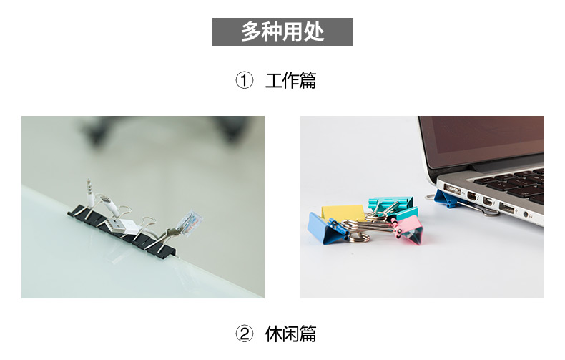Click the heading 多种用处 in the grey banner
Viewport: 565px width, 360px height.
point(282,31)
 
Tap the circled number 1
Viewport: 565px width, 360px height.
point(245,80)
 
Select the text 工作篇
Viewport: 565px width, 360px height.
point(290,80)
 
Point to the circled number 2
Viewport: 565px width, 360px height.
point(245,334)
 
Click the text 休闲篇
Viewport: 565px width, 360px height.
point(290,334)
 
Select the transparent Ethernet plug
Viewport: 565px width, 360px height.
point(190,222)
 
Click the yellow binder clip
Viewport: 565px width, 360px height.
point(343,212)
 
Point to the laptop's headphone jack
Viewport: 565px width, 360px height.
point(526,215)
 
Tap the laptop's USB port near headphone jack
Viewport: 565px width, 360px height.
point(506,208)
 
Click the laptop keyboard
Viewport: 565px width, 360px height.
point(511,183)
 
